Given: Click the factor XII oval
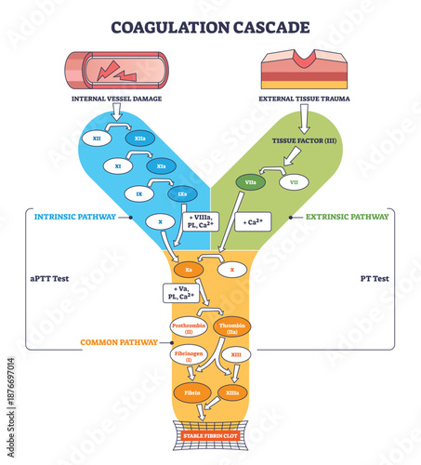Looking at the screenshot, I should [x=98, y=137].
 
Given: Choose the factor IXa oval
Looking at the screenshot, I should [x=180, y=194].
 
